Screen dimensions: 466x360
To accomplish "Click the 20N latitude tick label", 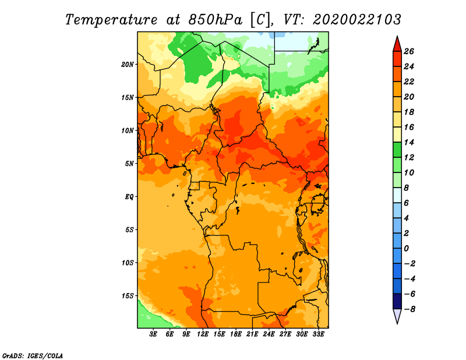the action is pos(127,65).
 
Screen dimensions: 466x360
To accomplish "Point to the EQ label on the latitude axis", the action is pos(129,197).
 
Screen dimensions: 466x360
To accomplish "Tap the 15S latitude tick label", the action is pos(127,296).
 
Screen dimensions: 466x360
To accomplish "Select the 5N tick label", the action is pos(129,164).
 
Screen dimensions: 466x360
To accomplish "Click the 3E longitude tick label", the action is pos(153,334).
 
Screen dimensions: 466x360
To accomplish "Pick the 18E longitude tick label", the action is pos(236,334).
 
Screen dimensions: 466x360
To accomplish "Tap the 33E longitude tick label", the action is pos(318,334).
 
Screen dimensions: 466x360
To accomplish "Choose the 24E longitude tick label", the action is pos(269,334).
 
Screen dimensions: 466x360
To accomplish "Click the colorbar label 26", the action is pos(409,52).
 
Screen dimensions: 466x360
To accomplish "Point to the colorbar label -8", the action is pos(409,309).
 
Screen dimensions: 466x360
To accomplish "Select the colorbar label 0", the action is pos(406,249).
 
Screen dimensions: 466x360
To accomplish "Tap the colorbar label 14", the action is pos(409,142).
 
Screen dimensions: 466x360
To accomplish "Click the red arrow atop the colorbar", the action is pos(397,45).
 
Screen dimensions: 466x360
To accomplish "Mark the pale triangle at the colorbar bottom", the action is pos(397,316).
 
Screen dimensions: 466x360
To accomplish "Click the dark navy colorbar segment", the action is pos(397,301).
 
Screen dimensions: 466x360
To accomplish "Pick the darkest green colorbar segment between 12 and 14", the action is pos(397,150).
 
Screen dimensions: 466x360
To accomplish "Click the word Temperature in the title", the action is pos(111,20).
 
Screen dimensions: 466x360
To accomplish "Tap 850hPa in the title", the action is pos(215,20).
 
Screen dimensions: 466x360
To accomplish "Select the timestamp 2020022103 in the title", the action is pos(357,20).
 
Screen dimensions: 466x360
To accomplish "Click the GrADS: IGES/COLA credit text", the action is pos(33,356).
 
